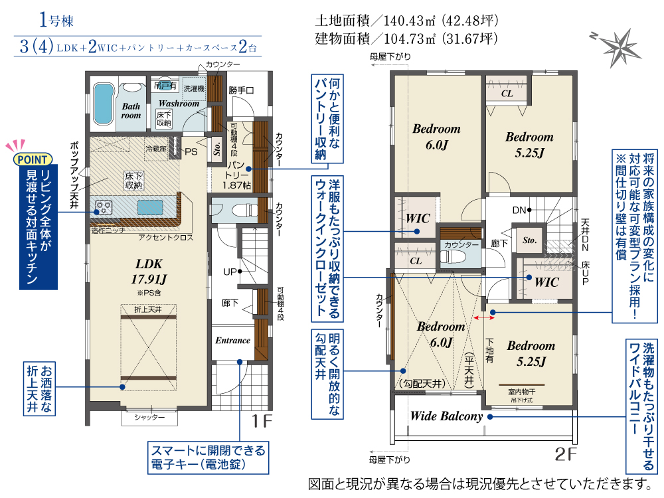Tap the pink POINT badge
[33, 159]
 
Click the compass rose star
[620, 47]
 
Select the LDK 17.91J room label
[149, 272]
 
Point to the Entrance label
[232, 341]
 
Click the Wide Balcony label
[446, 416]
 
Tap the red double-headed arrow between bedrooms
[482, 317]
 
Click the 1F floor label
[261, 421]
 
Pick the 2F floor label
[566, 454]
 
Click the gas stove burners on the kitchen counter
[104, 207]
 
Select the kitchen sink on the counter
[150, 208]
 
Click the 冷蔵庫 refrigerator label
[156, 149]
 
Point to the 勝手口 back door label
[242, 90]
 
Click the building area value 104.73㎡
[410, 39]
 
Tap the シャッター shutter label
[149, 418]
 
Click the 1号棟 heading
[56, 20]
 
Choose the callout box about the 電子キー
[208, 457]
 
